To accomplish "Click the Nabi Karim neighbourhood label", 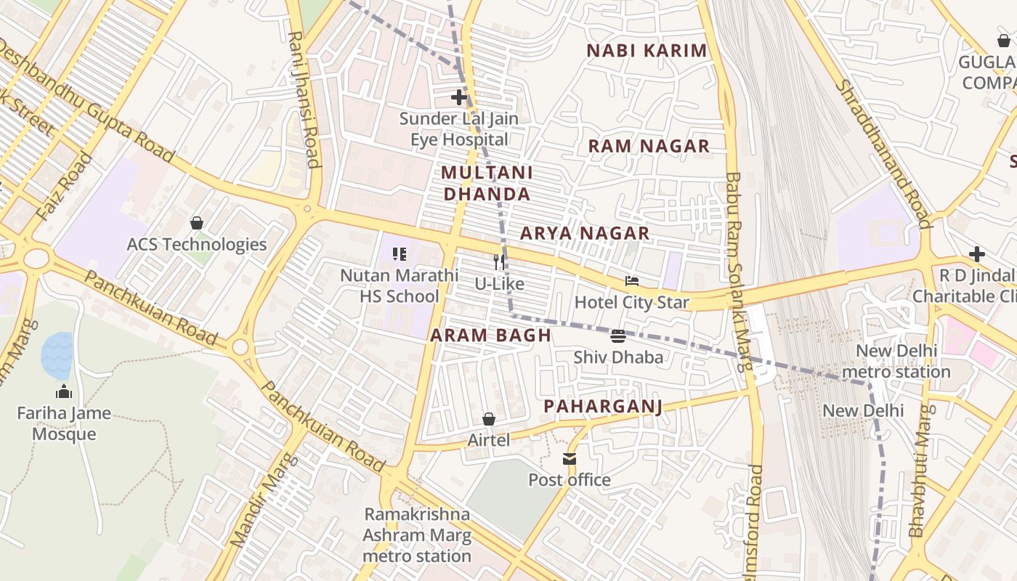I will pyautogui.click(x=647, y=51).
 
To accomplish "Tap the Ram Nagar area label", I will pyautogui.click(x=649, y=146).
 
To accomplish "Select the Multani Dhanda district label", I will pyautogui.click(x=487, y=184).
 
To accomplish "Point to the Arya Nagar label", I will pyautogui.click(x=585, y=233).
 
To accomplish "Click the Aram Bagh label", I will pyautogui.click(x=490, y=336).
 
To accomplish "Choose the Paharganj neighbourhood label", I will pyautogui.click(x=603, y=406).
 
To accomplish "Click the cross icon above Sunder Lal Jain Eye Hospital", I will pyautogui.click(x=459, y=97).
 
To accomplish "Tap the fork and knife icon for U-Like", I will pyautogui.click(x=499, y=261).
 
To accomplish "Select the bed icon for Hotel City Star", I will pyautogui.click(x=632, y=281).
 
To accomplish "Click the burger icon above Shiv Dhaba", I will pyautogui.click(x=618, y=336).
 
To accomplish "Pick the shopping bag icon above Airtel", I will pyautogui.click(x=489, y=419).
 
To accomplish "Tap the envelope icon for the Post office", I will pyautogui.click(x=569, y=459).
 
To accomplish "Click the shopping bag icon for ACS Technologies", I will pyautogui.click(x=196, y=223).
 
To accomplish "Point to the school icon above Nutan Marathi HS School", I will pyautogui.click(x=400, y=254).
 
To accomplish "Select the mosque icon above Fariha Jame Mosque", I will pyautogui.click(x=65, y=391).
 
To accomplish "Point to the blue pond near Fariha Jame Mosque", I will pyautogui.click(x=57, y=355).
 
